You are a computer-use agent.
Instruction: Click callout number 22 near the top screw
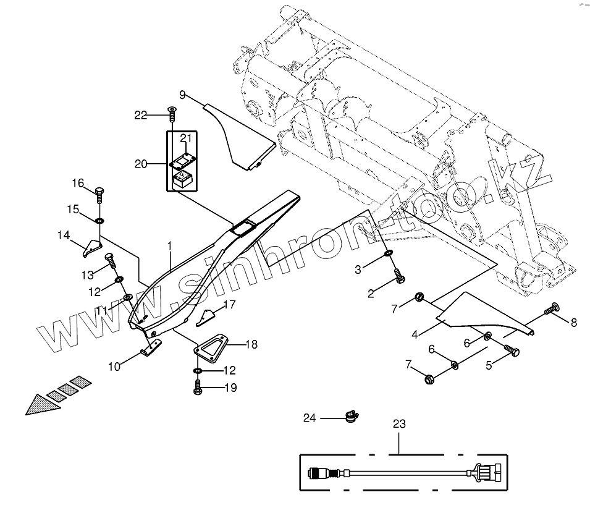click(141, 115)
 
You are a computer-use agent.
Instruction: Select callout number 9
click(182, 95)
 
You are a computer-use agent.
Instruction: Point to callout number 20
click(141, 164)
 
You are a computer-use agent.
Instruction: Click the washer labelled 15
click(99, 221)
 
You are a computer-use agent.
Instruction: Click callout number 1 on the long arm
click(169, 246)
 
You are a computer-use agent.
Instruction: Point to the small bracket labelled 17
click(206, 316)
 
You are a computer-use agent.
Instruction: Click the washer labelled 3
click(389, 254)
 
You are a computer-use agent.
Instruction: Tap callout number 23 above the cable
click(399, 424)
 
